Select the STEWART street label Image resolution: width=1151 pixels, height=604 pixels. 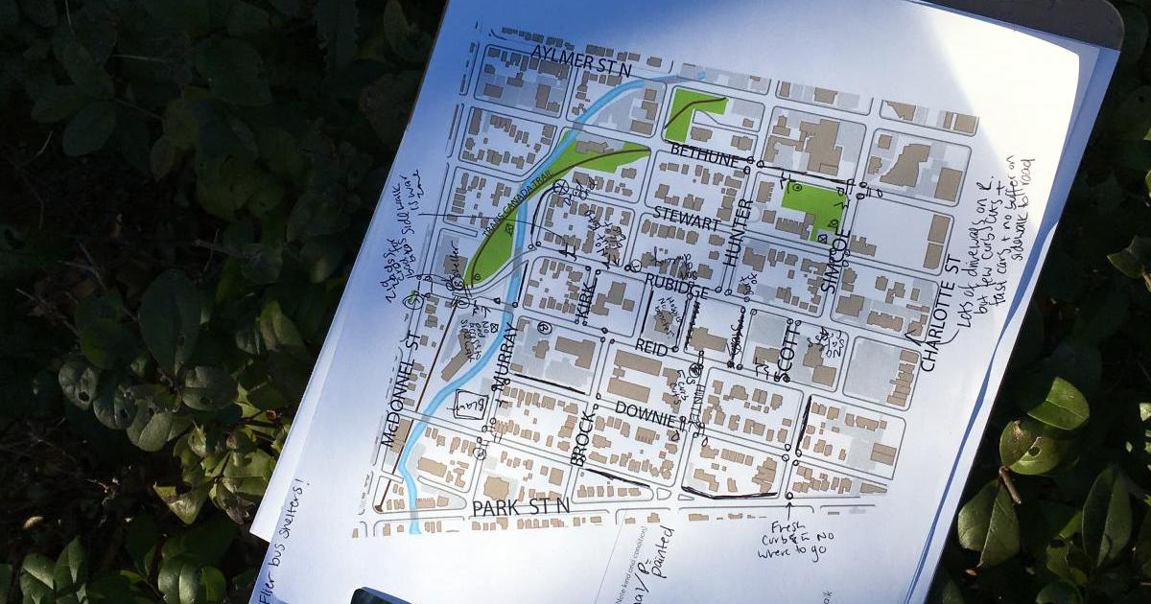click(686, 218)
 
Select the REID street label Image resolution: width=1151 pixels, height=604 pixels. click(651, 347)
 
